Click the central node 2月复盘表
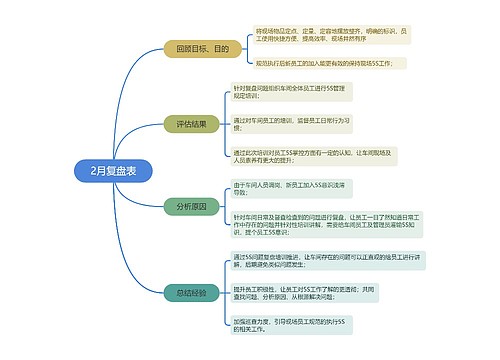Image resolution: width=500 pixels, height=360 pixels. tap(113, 169)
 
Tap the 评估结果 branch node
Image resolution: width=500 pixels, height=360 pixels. tap(190, 124)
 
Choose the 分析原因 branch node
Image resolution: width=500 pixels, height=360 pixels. tap(190, 207)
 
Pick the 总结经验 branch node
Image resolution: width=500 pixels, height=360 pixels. tap(190, 293)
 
